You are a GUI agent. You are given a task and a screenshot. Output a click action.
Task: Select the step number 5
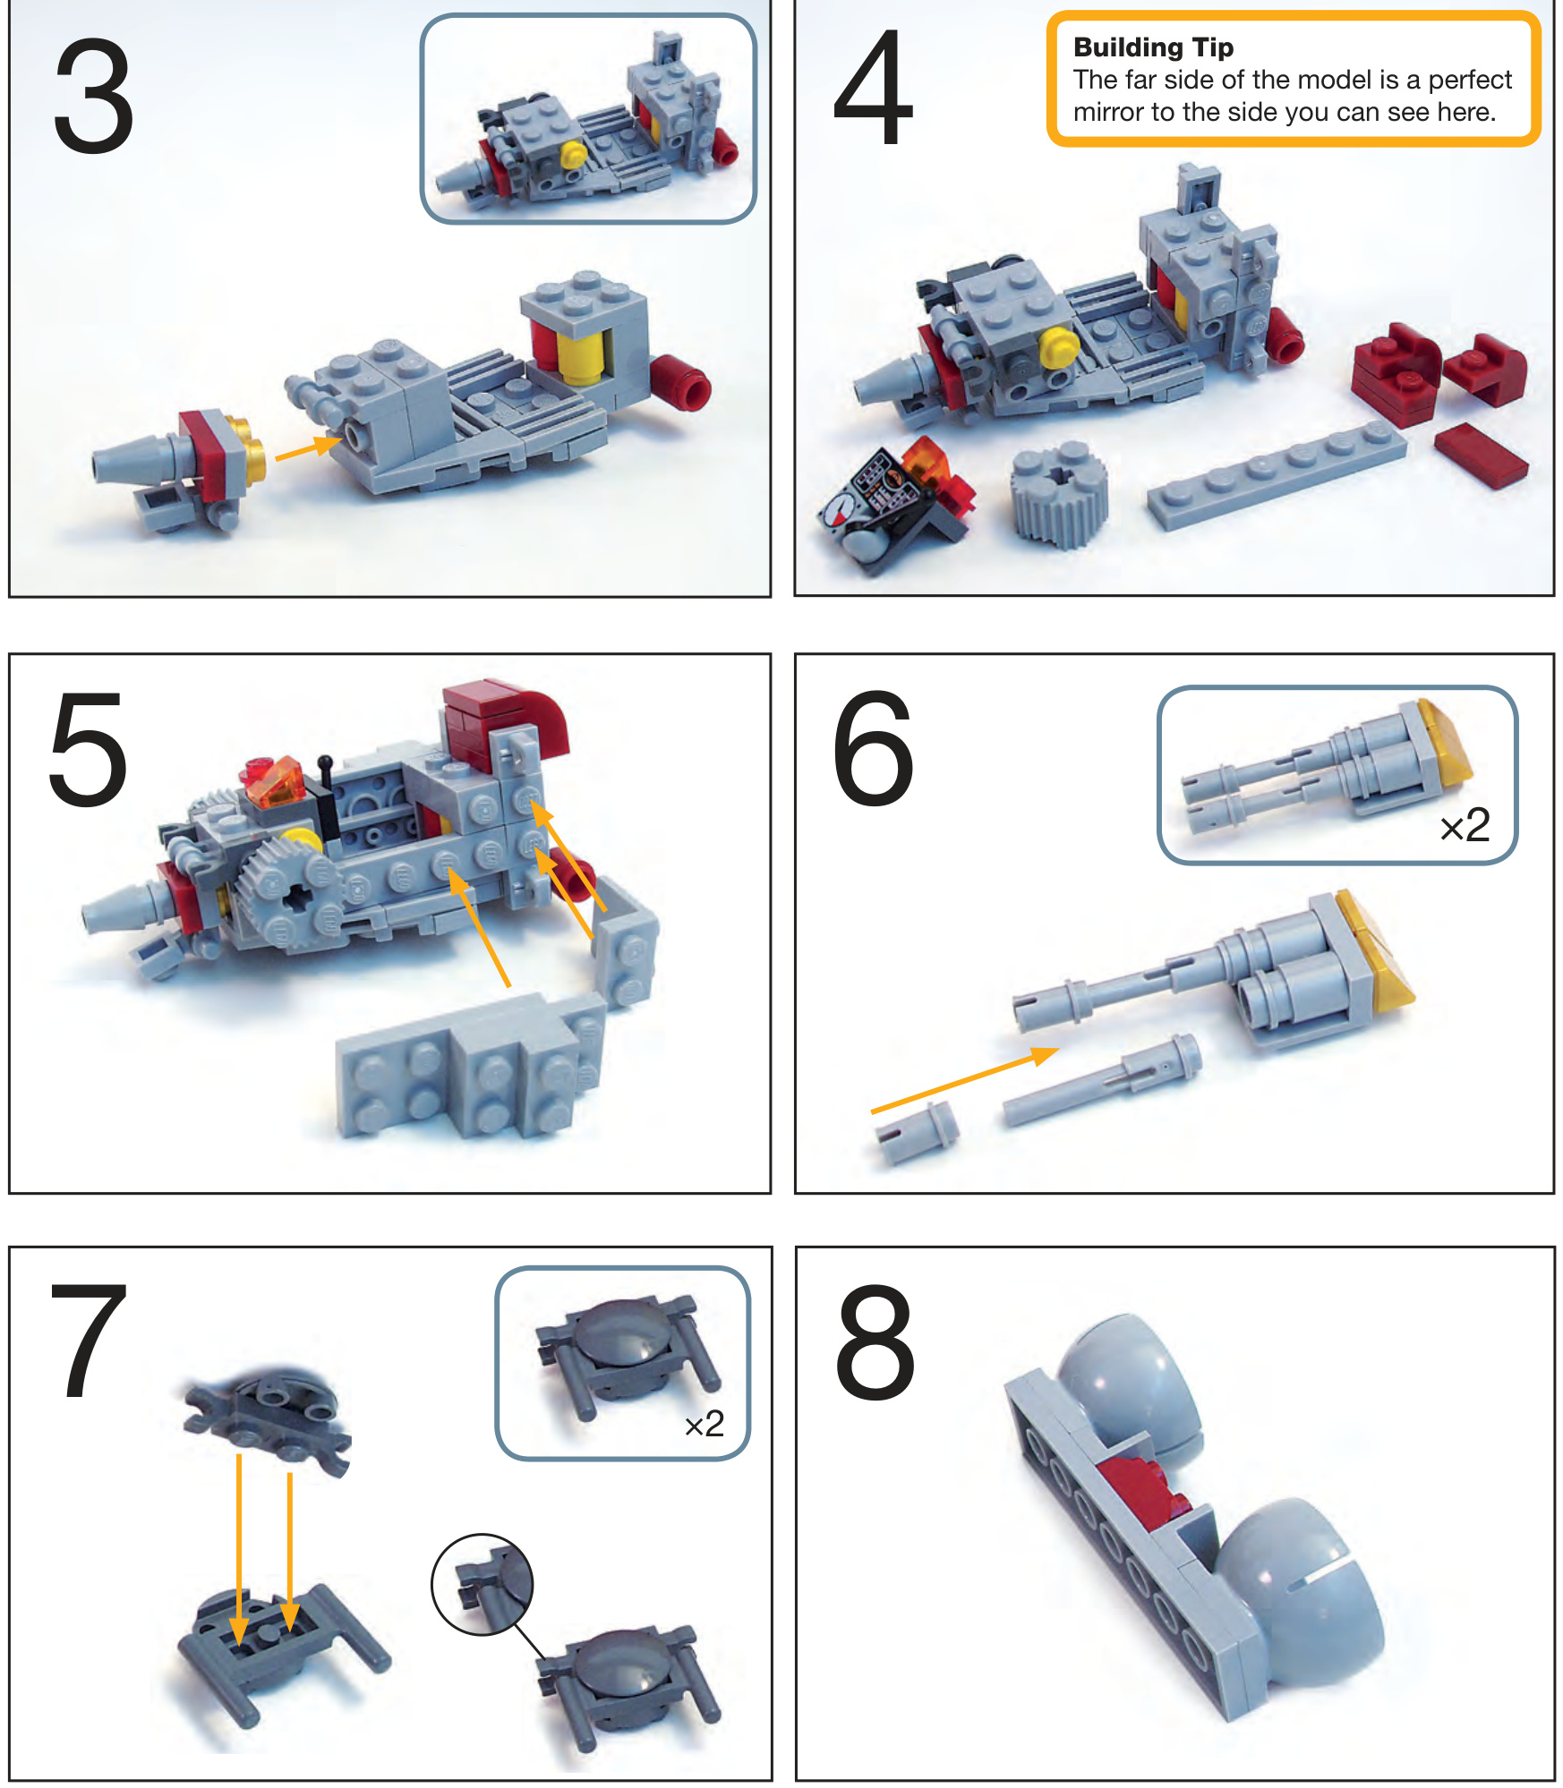pyautogui.click(x=88, y=749)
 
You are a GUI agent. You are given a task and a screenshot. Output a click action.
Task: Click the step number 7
pyautogui.click(x=89, y=1340)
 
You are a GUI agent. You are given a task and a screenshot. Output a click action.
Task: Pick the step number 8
pyautogui.click(x=875, y=1342)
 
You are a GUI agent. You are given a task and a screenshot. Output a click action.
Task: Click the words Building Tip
pyautogui.click(x=1153, y=47)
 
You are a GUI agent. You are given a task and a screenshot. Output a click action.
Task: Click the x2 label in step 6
pyautogui.click(x=1465, y=825)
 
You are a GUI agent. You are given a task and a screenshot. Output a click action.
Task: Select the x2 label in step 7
pyautogui.click(x=704, y=1424)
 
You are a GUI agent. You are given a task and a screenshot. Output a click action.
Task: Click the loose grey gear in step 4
pyautogui.click(x=1059, y=493)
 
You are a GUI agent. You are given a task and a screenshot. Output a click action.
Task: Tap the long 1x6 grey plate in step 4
pyautogui.click(x=1277, y=474)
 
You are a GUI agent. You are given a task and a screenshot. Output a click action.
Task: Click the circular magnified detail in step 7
pyautogui.click(x=483, y=1584)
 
